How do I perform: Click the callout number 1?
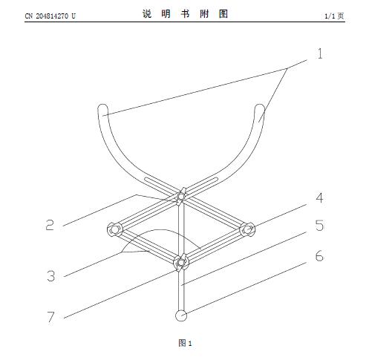(320, 53)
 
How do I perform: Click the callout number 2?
(50, 225)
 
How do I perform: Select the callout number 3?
(50, 275)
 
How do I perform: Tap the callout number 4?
(319, 198)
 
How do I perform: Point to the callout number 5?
(319, 226)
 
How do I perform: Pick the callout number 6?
(319, 255)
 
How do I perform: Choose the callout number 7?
(50, 317)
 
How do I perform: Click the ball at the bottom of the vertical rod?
(181, 315)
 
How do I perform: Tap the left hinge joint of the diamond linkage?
(114, 229)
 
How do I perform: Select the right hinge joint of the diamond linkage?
(247, 229)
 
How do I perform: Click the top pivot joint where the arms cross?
(181, 196)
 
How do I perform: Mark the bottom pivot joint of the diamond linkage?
(181, 262)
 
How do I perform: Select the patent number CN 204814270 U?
(50, 16)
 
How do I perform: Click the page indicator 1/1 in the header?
(330, 16)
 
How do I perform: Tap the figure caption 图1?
(185, 343)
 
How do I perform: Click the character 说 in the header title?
(147, 14)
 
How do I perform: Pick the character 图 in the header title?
(223, 14)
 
